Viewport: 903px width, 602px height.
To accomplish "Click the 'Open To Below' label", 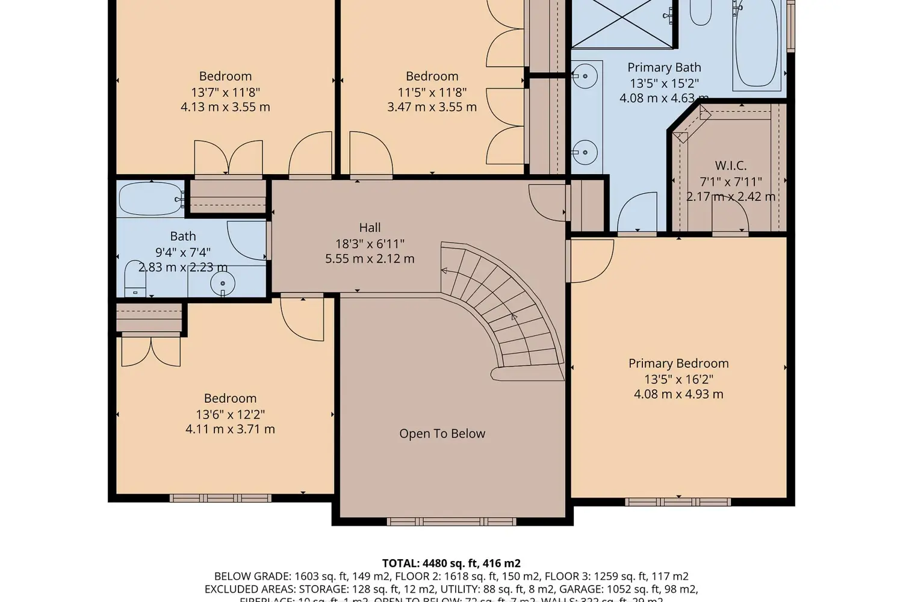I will pos(442,433).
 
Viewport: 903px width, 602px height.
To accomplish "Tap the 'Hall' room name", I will pos(370,228).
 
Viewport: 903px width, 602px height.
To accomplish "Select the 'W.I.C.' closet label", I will pos(730,166).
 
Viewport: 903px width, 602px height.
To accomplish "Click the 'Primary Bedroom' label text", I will pos(678,363).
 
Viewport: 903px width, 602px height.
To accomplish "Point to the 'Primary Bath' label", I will pos(664,67).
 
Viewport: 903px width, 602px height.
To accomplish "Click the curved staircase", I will pos(506,307).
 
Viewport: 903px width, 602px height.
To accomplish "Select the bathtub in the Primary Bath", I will pos(757,45).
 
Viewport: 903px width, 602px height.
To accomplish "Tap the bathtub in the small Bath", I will pos(150,199).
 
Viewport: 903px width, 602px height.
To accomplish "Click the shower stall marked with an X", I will pos(622,23).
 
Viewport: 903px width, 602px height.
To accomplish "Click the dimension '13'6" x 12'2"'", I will pos(230,414).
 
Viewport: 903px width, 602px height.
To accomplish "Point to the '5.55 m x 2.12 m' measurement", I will pos(370,259).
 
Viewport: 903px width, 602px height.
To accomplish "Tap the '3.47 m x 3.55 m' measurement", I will pos(432,107).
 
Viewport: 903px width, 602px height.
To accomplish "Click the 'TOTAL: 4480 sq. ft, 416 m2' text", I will pos(451,563).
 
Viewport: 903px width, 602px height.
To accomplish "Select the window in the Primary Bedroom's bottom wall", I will pos(678,501).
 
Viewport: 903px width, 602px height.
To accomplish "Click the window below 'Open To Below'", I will pos(451,521).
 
